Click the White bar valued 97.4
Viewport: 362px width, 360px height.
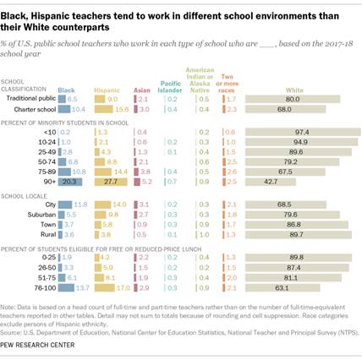297,132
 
